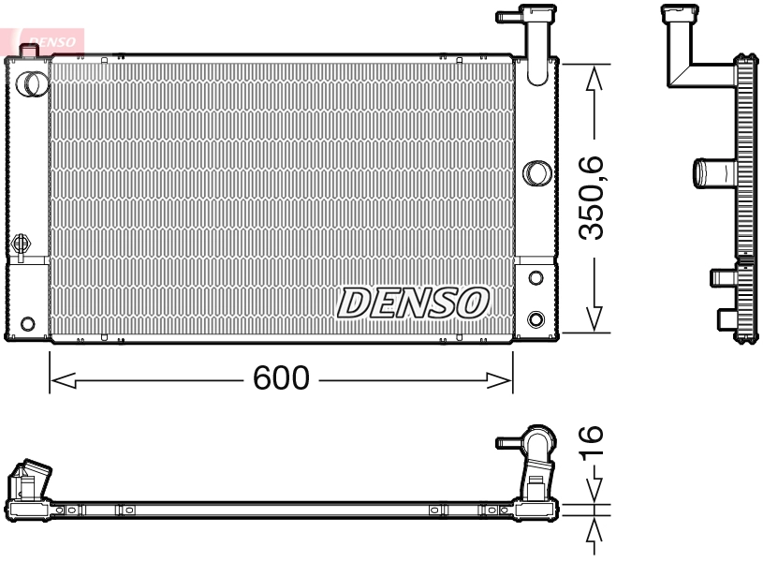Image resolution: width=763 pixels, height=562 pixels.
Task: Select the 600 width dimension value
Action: pos(281,379)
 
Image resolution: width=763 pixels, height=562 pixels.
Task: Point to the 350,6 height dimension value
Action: pos(596,199)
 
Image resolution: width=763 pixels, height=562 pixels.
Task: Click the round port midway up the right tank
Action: pos(536,172)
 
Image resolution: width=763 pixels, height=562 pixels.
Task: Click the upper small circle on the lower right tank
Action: pos(536,278)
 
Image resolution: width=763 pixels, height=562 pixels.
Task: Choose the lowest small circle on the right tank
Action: pos(536,317)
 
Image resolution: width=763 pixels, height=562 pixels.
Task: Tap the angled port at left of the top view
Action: pos(31,480)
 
